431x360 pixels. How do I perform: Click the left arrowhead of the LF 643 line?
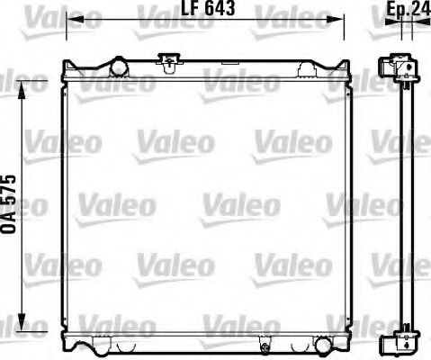(71, 19)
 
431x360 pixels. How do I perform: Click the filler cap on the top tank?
(167, 61)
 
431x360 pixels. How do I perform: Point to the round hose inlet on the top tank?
(118, 65)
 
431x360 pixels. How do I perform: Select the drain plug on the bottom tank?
(265, 343)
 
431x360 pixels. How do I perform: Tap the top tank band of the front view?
(207, 73)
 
